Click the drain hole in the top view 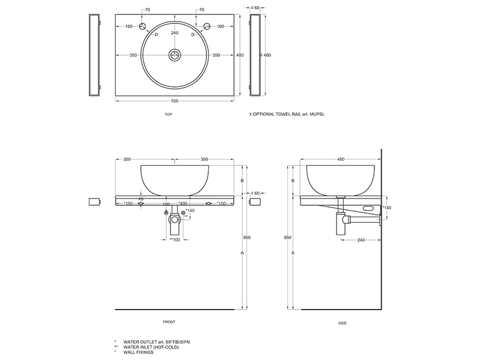[175, 55]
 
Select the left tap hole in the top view [143, 26]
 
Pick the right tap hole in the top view [207, 26]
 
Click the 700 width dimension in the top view [175, 101]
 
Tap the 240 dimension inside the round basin [175, 33]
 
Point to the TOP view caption [169, 115]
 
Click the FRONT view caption [169, 322]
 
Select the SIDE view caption [343, 323]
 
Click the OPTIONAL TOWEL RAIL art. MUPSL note [287, 114]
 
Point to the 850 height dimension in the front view [247, 238]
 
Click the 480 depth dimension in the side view [340, 159]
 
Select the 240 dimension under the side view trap [361, 240]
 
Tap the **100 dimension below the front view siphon [175, 239]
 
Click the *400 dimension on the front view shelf [182, 203]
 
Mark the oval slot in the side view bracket [368, 208]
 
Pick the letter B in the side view [293, 181]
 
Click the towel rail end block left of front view [95, 202]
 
